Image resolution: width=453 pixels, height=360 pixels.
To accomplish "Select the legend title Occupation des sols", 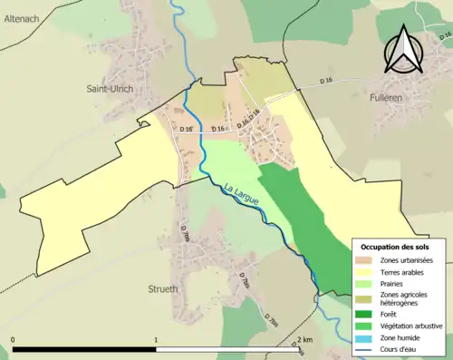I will (x=400, y=247).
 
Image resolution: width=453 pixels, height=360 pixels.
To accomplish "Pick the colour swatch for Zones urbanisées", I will (x=365, y=260).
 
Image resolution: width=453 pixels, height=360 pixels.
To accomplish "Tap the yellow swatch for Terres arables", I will (x=365, y=272).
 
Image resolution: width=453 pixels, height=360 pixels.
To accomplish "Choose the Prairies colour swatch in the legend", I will (x=365, y=284).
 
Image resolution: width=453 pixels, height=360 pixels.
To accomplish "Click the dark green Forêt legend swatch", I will (x=365, y=314).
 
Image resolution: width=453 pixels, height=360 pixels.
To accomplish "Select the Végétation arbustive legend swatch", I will (x=365, y=326).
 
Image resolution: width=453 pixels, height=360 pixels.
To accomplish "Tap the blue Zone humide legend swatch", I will (x=365, y=337).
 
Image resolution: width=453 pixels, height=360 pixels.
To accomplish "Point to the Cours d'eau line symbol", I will (x=365, y=349).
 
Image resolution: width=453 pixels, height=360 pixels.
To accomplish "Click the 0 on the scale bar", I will (x=14, y=340).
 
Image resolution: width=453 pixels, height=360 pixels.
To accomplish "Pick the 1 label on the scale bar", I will (x=157, y=340).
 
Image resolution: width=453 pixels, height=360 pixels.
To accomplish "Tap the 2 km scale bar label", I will (x=305, y=340).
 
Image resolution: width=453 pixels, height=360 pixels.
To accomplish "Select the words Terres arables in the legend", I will (x=402, y=272).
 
